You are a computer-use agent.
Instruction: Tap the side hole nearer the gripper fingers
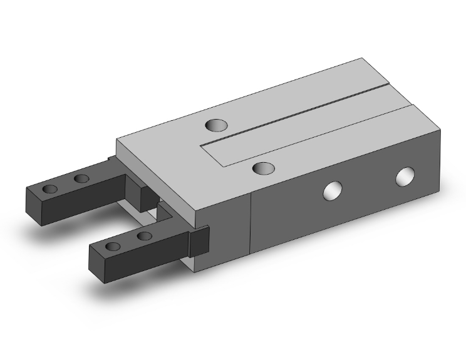[333, 190]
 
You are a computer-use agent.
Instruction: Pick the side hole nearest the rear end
[406, 177]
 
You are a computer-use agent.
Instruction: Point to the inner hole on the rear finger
[81, 180]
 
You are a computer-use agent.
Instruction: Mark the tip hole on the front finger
[113, 246]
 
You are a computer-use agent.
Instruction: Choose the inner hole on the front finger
[145, 236]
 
